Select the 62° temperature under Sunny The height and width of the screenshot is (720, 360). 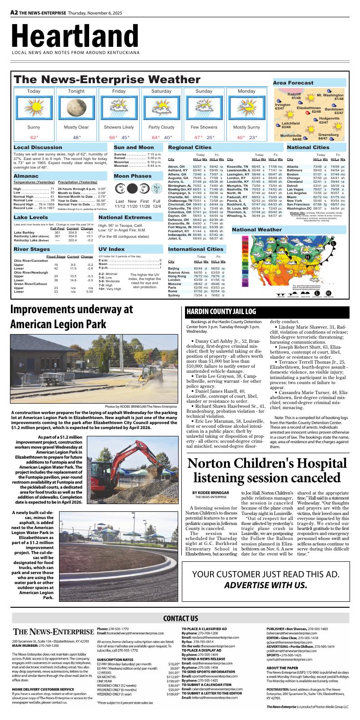pos(34,137)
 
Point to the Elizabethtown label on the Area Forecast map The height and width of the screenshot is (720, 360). pos(309,110)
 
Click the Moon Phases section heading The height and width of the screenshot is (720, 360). pos(133,176)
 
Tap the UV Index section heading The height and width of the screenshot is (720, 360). pos(111,249)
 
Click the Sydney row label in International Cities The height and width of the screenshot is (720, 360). pos(174,295)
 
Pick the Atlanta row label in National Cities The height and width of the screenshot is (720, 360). pos(293,167)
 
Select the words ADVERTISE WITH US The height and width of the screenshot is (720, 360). pos(266,585)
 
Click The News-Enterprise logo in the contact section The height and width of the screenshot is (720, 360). pos(53,632)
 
